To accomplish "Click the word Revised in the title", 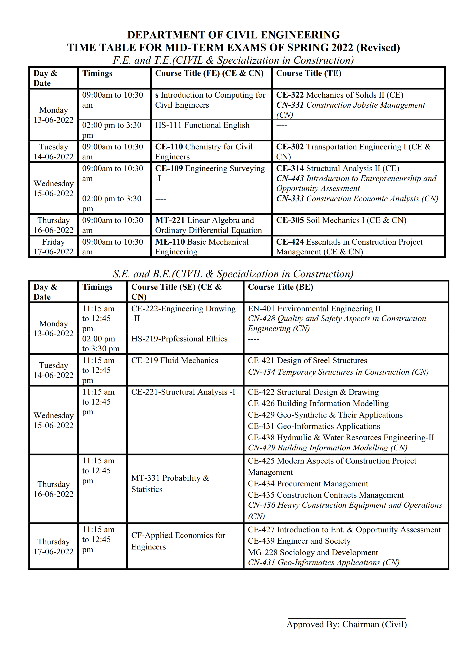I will click(378, 47).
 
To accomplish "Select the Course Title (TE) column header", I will click(309, 73).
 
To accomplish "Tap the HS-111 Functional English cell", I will click(202, 125).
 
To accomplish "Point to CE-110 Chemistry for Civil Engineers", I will click(204, 151).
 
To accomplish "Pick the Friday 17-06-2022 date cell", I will click(54, 247).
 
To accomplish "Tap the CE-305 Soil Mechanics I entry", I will click(341, 220).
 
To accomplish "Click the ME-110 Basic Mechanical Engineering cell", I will click(202, 247).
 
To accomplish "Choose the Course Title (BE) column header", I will click(281, 287).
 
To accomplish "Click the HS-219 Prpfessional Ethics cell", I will click(179, 339).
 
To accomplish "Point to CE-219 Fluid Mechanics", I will click(175, 360).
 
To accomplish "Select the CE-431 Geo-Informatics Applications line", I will click(314, 426).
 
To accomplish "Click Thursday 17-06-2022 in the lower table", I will click(54, 546).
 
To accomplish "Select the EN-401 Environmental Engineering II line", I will click(314, 309).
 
